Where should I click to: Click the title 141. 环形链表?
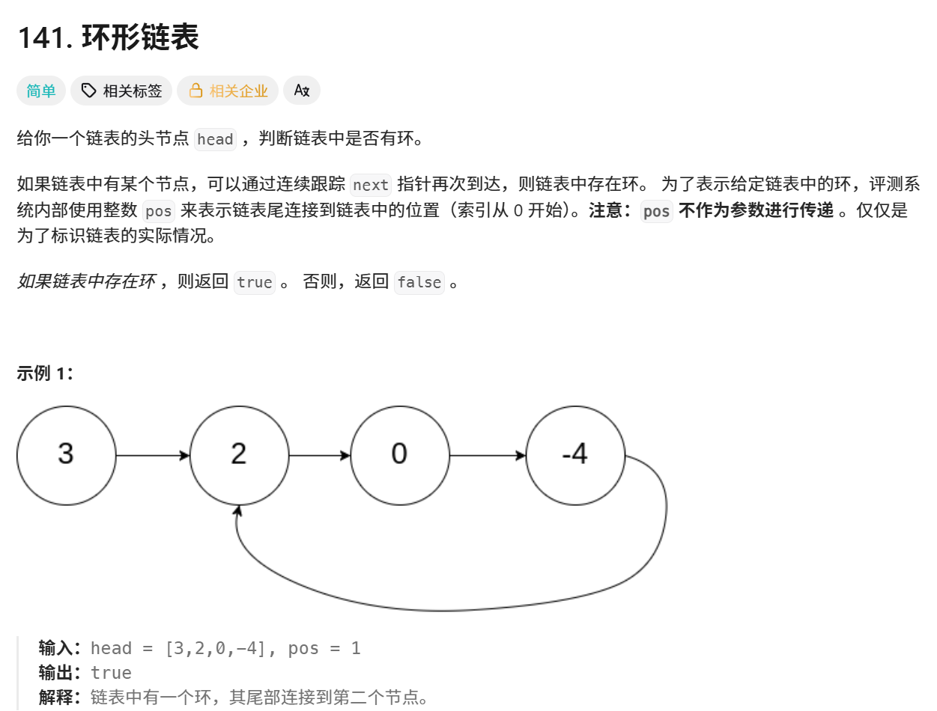click(108, 37)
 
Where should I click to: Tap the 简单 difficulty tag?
click(41, 91)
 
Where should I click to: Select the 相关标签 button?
click(122, 91)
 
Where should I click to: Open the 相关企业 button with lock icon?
click(228, 91)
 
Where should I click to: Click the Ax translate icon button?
click(302, 91)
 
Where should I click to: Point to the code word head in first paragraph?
click(215, 140)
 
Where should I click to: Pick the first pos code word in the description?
click(158, 212)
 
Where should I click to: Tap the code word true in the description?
click(255, 282)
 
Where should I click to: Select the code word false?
click(419, 282)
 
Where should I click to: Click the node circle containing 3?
click(66, 454)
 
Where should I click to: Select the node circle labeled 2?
click(239, 454)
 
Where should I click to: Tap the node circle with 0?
click(399, 454)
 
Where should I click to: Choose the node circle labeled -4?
click(575, 454)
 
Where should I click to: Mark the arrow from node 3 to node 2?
click(153, 455)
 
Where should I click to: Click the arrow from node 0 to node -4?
click(488, 455)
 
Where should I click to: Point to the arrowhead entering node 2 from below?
click(238, 511)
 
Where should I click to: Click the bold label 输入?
click(61, 648)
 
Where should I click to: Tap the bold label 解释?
click(61, 698)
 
